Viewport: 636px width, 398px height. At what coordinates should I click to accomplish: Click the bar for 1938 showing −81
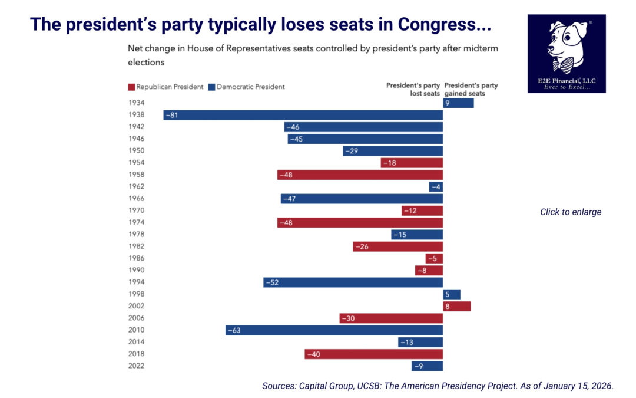pyautogui.click(x=303, y=115)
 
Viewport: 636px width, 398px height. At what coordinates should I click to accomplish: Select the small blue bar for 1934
pyautogui.click(x=458, y=103)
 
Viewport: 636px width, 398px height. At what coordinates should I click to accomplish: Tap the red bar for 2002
pyautogui.click(x=456, y=306)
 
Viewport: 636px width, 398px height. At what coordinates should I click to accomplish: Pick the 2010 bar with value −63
pyautogui.click(x=334, y=330)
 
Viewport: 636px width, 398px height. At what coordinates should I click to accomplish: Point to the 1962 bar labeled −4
pyautogui.click(x=436, y=187)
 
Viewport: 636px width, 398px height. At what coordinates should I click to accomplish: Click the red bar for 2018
pyautogui.click(x=373, y=354)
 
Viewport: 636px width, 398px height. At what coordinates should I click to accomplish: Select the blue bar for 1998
pyautogui.click(x=452, y=294)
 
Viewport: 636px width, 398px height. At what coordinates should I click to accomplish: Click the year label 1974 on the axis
pyautogui.click(x=136, y=222)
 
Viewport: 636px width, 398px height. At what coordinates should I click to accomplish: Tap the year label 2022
pyautogui.click(x=136, y=366)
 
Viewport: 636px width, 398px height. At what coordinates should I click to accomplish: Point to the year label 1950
pyautogui.click(x=136, y=151)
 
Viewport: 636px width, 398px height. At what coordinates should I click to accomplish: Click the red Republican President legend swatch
pyautogui.click(x=131, y=87)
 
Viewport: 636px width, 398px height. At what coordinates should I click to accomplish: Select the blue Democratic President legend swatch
pyautogui.click(x=211, y=87)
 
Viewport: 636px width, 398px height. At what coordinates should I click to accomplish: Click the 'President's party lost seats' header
pyautogui.click(x=413, y=90)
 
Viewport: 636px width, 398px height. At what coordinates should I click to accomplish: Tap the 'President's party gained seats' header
pyautogui.click(x=471, y=90)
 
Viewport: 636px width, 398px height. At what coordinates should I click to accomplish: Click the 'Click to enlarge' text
pyautogui.click(x=571, y=212)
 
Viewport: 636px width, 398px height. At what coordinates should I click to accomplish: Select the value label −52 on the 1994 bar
pyautogui.click(x=272, y=282)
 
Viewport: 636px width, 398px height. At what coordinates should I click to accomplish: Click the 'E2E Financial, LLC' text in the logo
pyautogui.click(x=566, y=80)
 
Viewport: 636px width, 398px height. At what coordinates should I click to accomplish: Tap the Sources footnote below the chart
pyautogui.click(x=438, y=386)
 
